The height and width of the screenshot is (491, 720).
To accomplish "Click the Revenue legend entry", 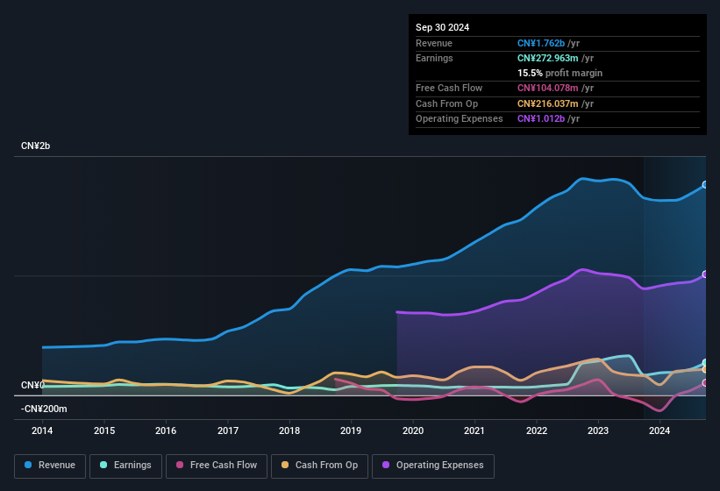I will coord(50,466).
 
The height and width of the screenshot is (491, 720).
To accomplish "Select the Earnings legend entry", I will coord(126,466).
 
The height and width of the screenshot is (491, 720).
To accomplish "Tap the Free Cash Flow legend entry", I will coord(217,466).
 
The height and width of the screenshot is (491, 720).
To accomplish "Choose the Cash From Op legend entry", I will coord(318,466).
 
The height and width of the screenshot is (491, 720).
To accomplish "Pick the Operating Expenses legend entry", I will coord(433,466).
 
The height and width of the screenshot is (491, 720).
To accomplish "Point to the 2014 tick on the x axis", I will coord(42,431).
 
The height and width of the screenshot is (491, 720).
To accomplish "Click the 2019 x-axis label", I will coord(351,431).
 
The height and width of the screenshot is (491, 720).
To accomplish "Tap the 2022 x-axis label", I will coord(537,431).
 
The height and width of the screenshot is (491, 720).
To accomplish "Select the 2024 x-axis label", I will coord(659,431).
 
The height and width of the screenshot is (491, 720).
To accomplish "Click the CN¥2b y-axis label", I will coord(36,146).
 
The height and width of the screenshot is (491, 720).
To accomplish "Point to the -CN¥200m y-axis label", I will coord(44,409).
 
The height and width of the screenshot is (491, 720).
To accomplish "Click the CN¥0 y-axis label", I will coord(32,386).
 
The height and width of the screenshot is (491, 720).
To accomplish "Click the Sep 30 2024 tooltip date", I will coord(442,27).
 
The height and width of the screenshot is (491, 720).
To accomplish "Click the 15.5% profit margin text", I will coord(560,73).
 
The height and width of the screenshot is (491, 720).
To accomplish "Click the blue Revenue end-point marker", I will coord(705,185).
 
